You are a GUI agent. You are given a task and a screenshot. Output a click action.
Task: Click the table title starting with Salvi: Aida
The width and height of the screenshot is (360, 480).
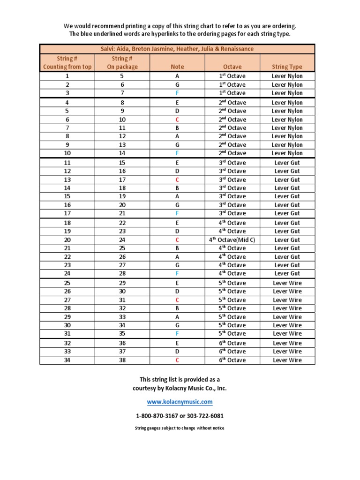pos(177,49)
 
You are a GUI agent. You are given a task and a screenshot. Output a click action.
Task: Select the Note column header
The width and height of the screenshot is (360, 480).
pos(177,67)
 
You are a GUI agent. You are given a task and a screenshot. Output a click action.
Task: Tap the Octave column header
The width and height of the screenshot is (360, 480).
pos(232,67)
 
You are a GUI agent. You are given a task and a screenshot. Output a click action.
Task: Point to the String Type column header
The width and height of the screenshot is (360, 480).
pos(287,67)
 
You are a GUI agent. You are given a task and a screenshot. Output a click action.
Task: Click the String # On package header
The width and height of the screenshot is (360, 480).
pos(122,62)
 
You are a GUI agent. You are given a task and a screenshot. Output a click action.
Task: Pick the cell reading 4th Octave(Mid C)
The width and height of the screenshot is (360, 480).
pos(232,240)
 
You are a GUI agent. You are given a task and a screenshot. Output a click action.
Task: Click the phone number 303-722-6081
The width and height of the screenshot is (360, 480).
pos(198,416)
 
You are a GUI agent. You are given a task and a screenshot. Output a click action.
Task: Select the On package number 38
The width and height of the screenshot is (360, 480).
pos(122,360)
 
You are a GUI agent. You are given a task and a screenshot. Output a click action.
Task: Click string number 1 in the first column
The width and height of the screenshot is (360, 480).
pos(67,76)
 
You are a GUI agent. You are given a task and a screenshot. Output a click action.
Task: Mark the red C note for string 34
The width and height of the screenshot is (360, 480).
pos(177,360)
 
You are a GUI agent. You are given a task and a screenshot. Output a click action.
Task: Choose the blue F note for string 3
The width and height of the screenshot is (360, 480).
pos(177,93)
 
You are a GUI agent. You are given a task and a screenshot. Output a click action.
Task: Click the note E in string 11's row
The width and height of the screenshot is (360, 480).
pos(177,163)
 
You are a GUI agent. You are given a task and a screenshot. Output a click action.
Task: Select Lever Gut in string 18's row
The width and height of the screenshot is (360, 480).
pos(287,223)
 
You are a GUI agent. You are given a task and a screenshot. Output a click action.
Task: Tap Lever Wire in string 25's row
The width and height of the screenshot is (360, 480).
pos(287,283)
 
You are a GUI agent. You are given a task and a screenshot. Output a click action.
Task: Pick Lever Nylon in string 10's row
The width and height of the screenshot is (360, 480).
pos(287,153)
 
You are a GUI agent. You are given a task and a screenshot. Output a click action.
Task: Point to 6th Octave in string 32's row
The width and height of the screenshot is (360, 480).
pos(232,343)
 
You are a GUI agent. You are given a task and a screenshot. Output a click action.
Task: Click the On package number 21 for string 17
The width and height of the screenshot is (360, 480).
pos(122,213)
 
